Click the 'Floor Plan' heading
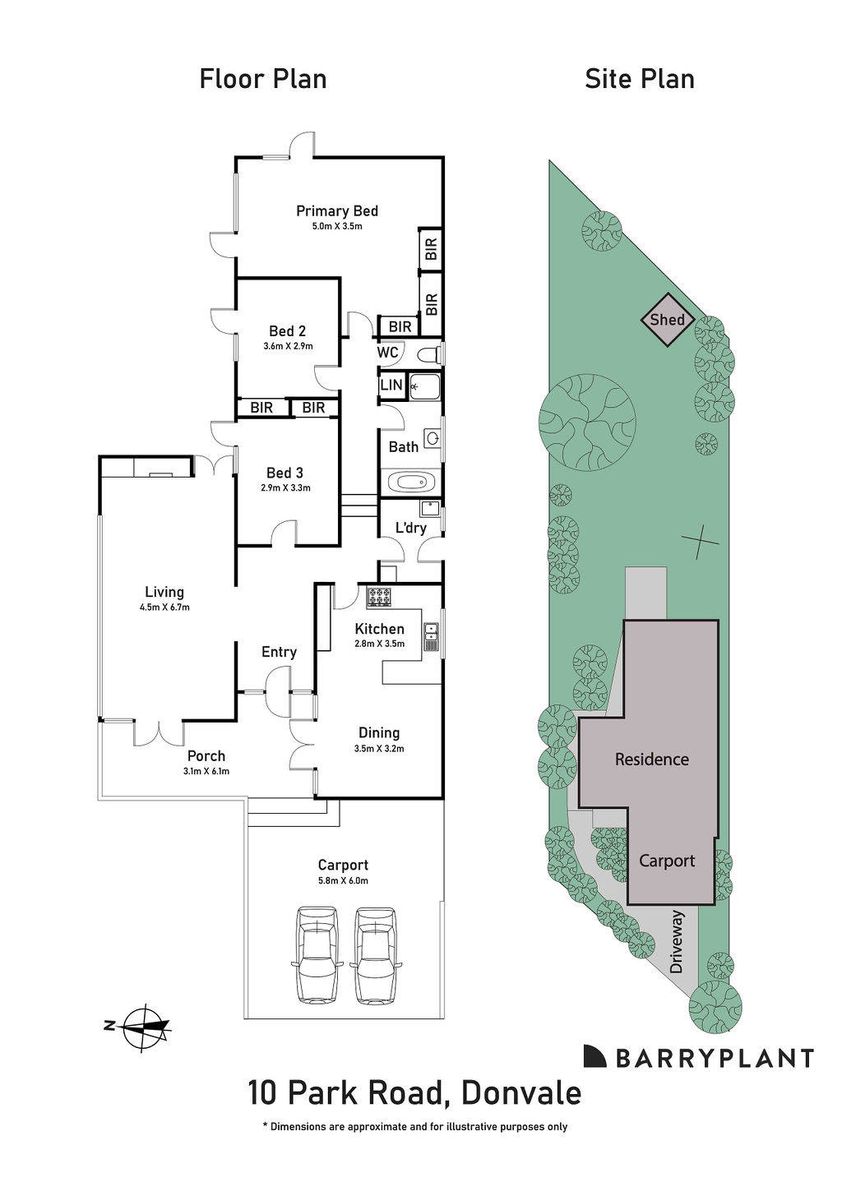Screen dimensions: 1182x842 pos(263,79)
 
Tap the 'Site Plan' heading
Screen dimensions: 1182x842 pos(640,79)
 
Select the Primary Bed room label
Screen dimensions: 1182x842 pos(337,211)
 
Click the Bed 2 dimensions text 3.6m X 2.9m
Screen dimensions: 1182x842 pos(288,346)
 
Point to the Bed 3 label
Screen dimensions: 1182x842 pos(285,473)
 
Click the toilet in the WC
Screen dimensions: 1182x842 pos(428,354)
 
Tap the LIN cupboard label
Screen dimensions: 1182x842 pos(391,385)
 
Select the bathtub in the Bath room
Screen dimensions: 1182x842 pos(410,482)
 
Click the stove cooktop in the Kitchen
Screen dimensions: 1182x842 pos(379,598)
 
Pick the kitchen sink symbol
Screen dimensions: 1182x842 pos(431,636)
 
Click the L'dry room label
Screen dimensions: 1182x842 pos(410,528)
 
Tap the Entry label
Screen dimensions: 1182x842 pos(279,652)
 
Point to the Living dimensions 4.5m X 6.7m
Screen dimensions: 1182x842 pos(164,607)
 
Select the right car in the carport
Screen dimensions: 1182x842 pos(375,954)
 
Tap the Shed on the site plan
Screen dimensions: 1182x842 pos(667,320)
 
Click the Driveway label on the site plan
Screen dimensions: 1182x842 pos(677,953)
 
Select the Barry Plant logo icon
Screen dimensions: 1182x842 pos(595,1056)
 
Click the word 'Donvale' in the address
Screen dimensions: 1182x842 pos(521,1093)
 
